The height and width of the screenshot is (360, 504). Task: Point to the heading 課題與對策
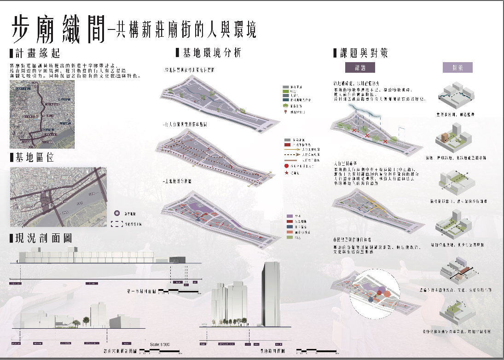click(364, 53)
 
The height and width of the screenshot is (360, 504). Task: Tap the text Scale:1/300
click(160, 344)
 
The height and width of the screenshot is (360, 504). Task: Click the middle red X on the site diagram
click(367, 136)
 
